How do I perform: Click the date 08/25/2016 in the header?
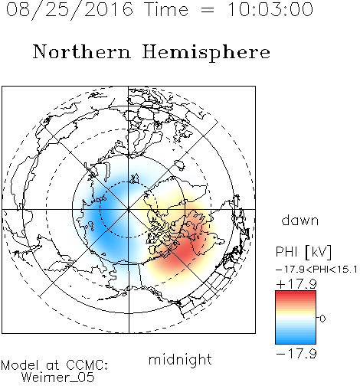[x=70, y=10]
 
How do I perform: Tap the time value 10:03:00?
[x=270, y=9]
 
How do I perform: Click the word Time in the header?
[x=166, y=9]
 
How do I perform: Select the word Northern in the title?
[x=82, y=51]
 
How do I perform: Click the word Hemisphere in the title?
[x=206, y=53]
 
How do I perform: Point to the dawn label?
[x=300, y=221]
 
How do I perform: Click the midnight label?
[x=180, y=359]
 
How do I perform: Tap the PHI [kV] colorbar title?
[x=303, y=252]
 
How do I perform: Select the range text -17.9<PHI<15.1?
[x=316, y=270]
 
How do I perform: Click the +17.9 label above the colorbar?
[x=296, y=284]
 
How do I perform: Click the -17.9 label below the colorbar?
[x=296, y=354]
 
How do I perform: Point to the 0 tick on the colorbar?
[x=322, y=319]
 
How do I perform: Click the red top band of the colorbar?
[x=296, y=296]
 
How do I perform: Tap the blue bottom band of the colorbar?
[x=296, y=338]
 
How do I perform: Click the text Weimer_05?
[x=58, y=377]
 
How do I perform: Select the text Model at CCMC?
[x=54, y=365]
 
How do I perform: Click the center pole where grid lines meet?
[x=129, y=210]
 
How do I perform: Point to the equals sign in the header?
[x=208, y=10]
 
